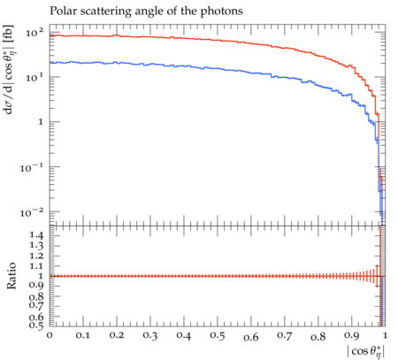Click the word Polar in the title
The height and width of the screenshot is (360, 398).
tap(61, 11)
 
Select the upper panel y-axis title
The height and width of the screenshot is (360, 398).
tap(9, 70)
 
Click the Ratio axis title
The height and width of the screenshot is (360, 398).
tap(11, 276)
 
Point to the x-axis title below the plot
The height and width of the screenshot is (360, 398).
tap(366, 351)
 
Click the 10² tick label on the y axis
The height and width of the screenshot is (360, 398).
tap(34, 33)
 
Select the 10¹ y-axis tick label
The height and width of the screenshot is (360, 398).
tap(34, 77)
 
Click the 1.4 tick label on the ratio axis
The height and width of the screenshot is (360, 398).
tap(36, 236)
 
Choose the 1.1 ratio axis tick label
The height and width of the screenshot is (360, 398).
tap(36, 266)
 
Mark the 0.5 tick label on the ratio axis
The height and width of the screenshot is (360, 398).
tap(36, 326)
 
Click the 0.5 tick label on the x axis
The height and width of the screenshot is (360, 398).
tap(218, 335)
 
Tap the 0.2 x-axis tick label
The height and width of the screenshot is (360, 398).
tap(117, 335)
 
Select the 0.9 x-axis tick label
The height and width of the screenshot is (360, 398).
tap(352, 335)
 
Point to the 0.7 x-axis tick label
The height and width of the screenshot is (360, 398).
tap(285, 335)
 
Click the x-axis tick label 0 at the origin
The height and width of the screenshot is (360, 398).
tap(50, 335)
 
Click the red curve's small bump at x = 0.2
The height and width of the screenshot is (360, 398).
tap(116, 35)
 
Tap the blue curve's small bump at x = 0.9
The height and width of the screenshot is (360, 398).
tap(350, 95)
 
